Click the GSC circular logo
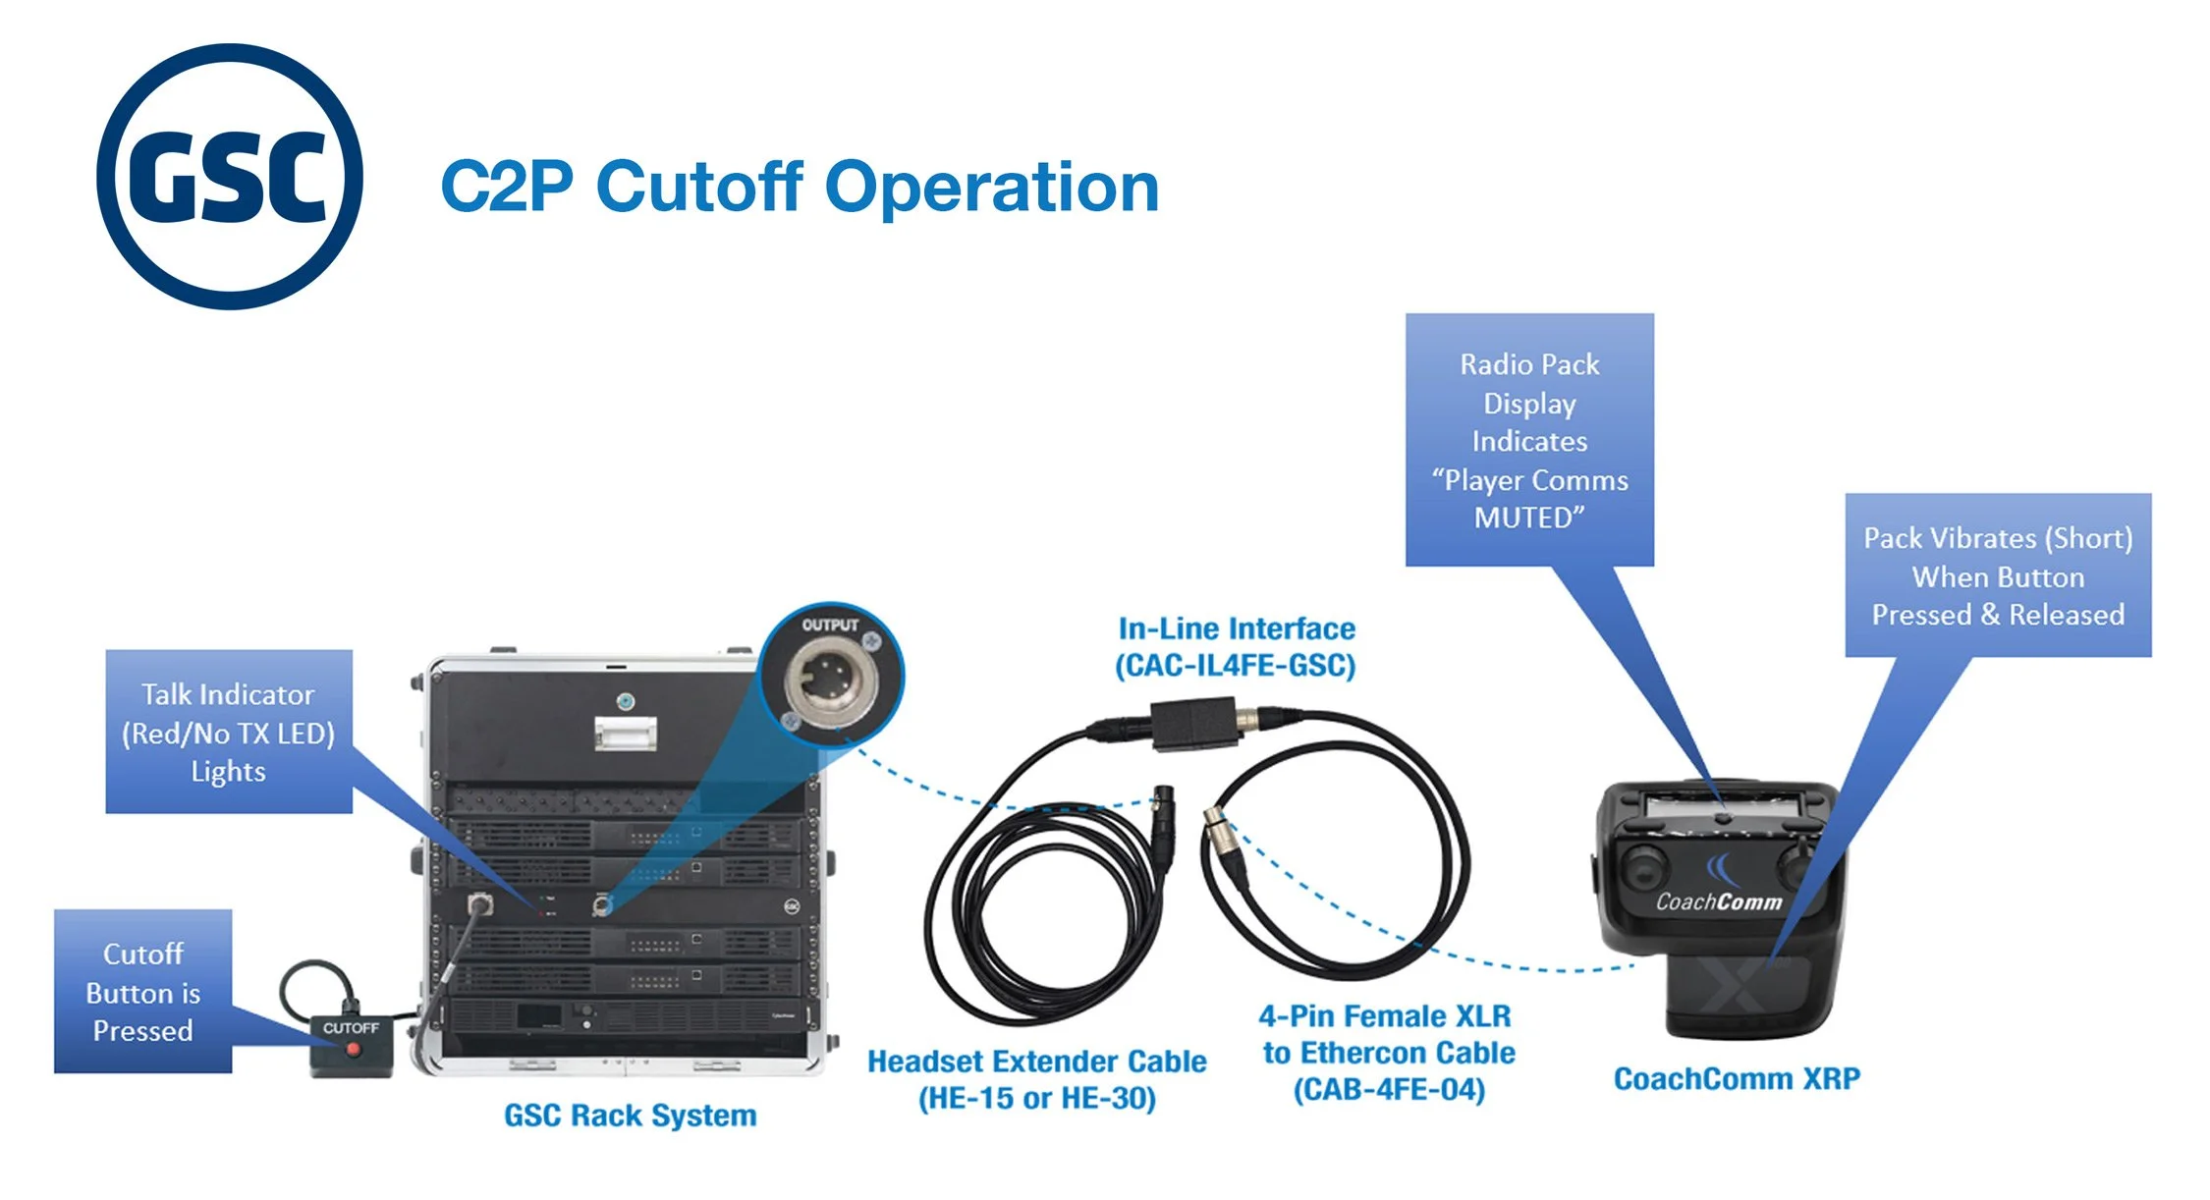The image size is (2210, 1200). (230, 177)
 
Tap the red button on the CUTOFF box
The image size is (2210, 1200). (354, 1050)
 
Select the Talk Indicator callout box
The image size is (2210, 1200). (229, 732)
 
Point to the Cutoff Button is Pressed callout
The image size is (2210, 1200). (143, 991)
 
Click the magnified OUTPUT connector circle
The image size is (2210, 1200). (831, 675)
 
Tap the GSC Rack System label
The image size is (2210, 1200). (630, 1116)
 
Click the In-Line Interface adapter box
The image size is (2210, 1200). (1193, 723)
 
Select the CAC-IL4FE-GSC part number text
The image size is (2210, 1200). (1235, 666)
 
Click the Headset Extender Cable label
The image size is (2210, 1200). (1036, 1062)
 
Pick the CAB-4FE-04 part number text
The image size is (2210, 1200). (1389, 1090)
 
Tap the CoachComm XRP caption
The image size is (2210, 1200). (1737, 1078)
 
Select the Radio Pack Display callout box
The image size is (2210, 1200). (1529, 439)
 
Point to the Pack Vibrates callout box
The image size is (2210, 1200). (1998, 575)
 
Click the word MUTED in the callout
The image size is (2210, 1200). (1529, 518)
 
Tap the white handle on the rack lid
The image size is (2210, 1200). (626, 733)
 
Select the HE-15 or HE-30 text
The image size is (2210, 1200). (1036, 1098)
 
